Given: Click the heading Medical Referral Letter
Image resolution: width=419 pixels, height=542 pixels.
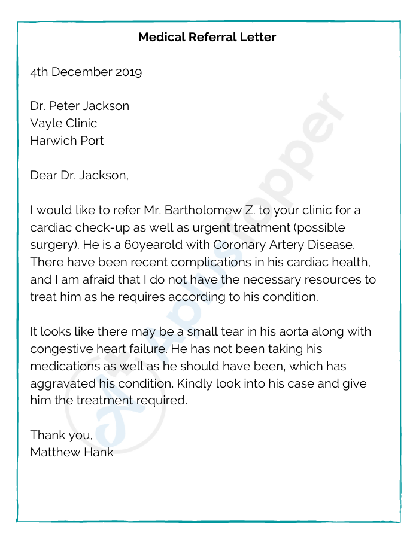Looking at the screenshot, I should point(207,37).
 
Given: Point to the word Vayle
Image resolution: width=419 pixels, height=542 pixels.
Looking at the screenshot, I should point(46,124).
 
